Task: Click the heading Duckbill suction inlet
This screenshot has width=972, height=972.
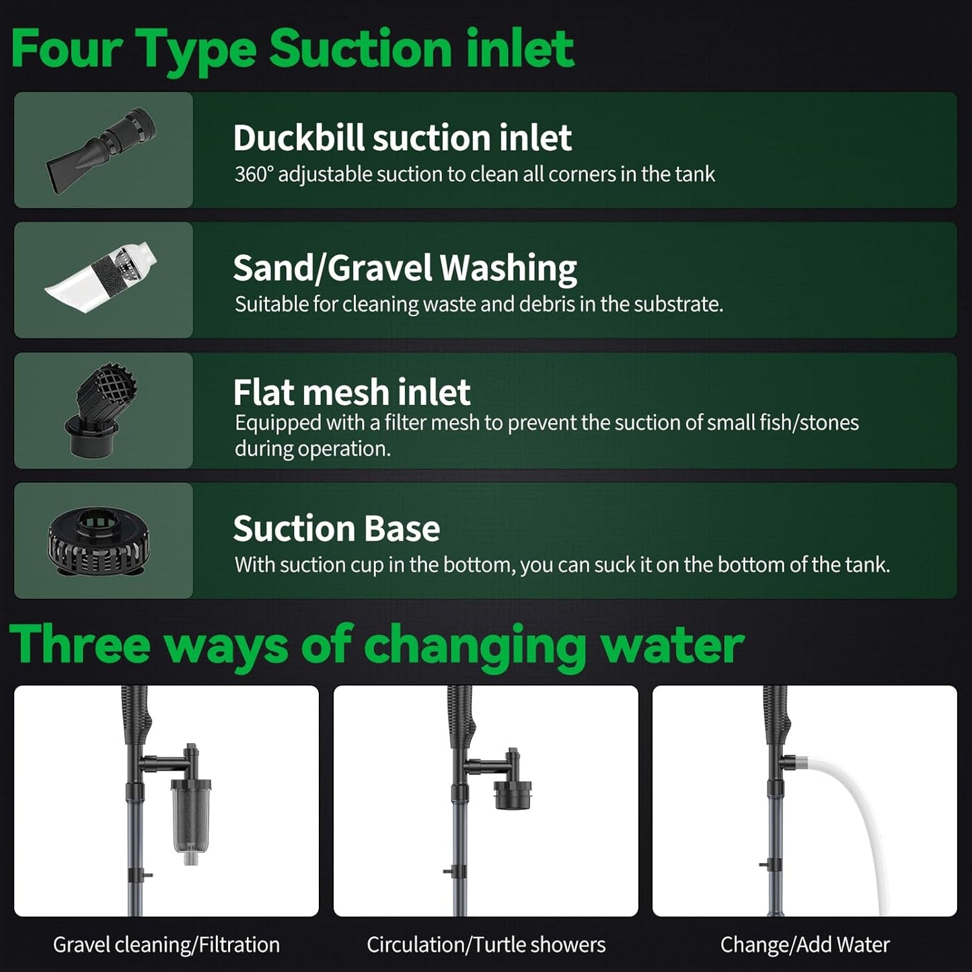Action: tap(402, 138)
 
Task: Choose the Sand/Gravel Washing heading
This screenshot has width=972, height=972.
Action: tap(404, 268)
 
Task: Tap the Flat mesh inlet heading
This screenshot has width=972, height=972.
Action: tap(351, 392)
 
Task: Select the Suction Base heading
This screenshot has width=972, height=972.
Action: tap(336, 529)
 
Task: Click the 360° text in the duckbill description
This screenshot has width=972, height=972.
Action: tap(254, 174)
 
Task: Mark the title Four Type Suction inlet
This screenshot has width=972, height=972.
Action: tap(293, 49)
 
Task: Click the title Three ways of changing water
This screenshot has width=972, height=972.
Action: tap(377, 644)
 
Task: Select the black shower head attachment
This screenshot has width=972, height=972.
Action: tap(513, 794)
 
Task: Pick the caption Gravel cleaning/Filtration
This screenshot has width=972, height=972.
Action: tap(166, 945)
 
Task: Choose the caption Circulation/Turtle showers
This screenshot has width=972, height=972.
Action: tap(486, 945)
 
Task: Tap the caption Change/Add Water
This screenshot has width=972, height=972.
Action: tap(805, 945)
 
